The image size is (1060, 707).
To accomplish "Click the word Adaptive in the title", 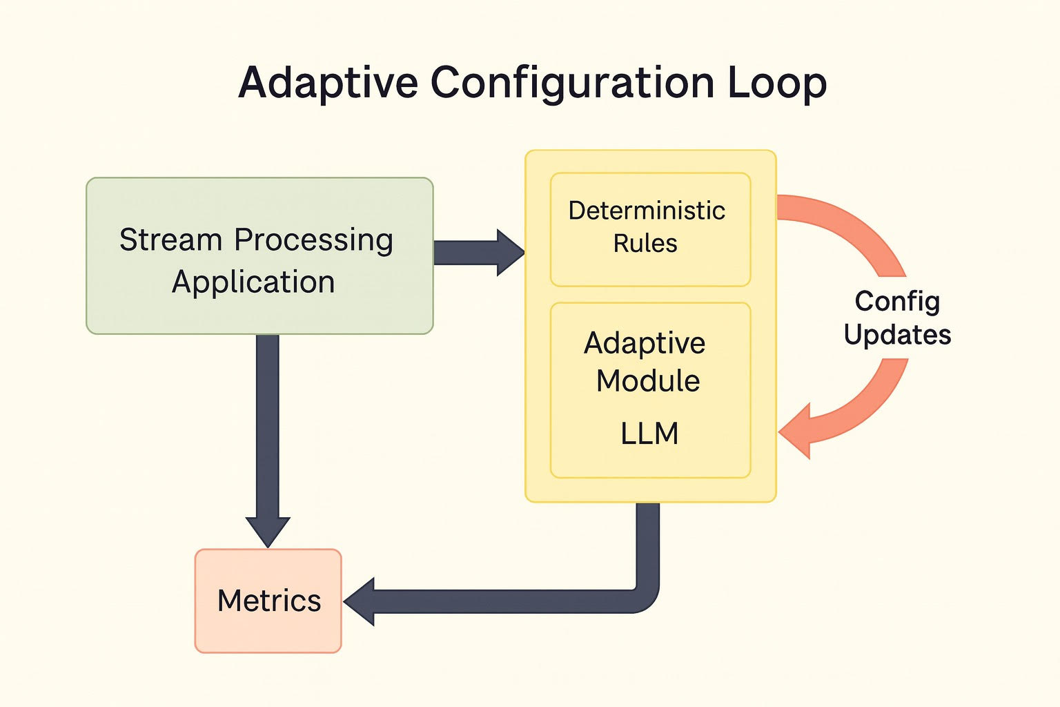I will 328,84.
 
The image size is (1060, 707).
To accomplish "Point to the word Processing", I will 313,240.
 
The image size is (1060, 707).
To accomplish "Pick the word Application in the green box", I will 253,282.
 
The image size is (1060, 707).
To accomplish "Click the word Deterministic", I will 647,211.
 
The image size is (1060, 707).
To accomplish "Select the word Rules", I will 645,244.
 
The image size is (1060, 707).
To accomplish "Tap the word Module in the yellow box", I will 648,381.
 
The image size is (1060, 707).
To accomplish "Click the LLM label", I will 649,434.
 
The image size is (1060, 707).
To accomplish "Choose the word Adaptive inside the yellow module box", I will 645,343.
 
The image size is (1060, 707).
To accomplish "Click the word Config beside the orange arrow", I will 897,301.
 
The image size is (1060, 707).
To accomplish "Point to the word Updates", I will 897,335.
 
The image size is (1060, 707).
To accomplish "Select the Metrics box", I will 268,601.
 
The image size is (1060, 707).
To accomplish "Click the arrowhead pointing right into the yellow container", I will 510,253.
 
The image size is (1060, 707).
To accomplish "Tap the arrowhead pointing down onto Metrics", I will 268,531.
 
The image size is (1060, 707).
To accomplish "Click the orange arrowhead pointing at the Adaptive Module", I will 796,432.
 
